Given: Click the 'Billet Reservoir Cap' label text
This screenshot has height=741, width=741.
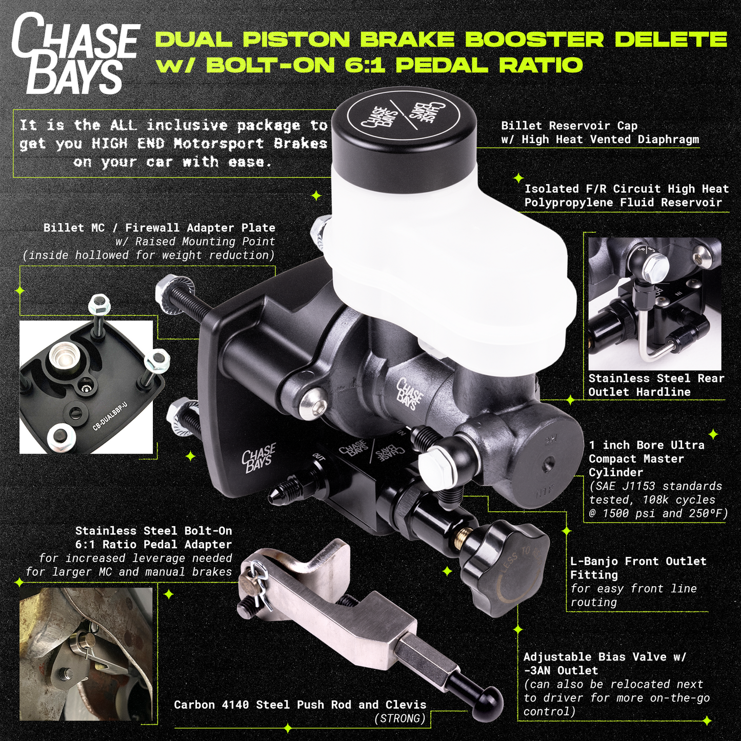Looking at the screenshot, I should click(569, 126).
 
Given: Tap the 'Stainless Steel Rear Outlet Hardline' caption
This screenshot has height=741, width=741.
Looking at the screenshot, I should click(656, 385).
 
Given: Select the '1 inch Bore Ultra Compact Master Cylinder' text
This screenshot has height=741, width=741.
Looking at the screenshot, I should click(646, 458).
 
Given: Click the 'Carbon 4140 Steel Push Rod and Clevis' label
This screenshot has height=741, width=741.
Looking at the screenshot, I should click(300, 705).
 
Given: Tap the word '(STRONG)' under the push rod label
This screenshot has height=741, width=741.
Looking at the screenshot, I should click(400, 718).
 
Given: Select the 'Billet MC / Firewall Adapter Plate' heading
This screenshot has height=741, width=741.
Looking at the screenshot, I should click(159, 228).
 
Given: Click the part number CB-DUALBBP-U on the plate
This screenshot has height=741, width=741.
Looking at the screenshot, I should click(110, 417).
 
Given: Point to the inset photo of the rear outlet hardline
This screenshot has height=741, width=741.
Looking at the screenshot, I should click(655, 303).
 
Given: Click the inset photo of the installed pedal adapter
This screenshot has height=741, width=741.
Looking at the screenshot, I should click(86, 654).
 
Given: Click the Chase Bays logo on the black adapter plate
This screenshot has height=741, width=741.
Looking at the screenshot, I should click(258, 458).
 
